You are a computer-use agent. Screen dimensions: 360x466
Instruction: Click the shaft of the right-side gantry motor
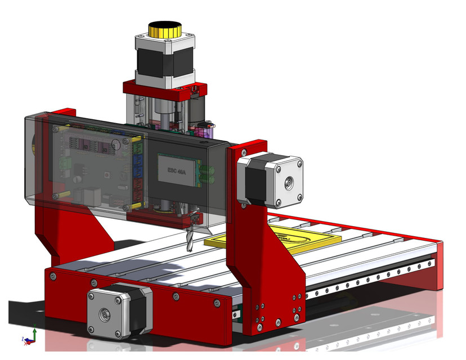pyautogui.click(x=289, y=182)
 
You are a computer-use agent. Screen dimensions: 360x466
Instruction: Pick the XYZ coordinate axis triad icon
pyautogui.click(x=32, y=335)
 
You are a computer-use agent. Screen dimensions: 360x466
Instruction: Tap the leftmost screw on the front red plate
pyautogui.click(x=53, y=276)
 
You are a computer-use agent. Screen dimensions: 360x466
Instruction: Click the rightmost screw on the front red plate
pyautogui.click(x=217, y=304)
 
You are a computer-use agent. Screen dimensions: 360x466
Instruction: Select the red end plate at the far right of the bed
pyautogui.click(x=440, y=264)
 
